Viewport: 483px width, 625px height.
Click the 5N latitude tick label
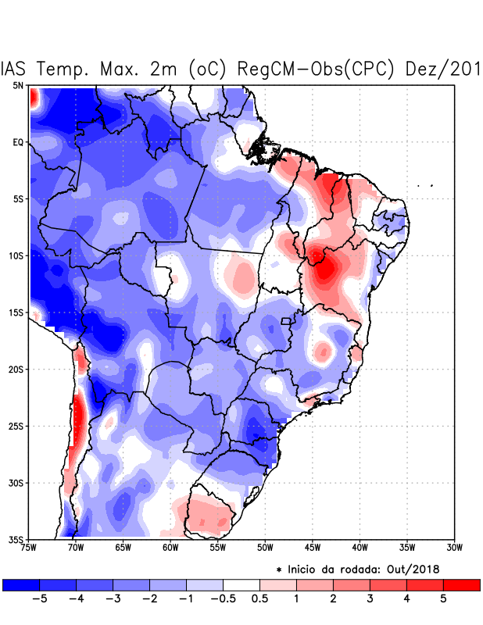(x=18, y=85)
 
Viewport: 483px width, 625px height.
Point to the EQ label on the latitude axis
(x=18, y=142)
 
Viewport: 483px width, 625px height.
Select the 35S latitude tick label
(x=16, y=539)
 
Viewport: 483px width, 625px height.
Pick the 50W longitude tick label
(x=265, y=548)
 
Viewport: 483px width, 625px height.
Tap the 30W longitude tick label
(x=455, y=548)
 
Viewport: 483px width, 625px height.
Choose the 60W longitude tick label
(x=170, y=548)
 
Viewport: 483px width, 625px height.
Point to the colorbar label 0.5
(x=259, y=599)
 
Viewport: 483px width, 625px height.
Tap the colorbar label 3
(x=370, y=599)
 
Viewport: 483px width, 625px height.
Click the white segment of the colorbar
(x=241, y=584)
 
